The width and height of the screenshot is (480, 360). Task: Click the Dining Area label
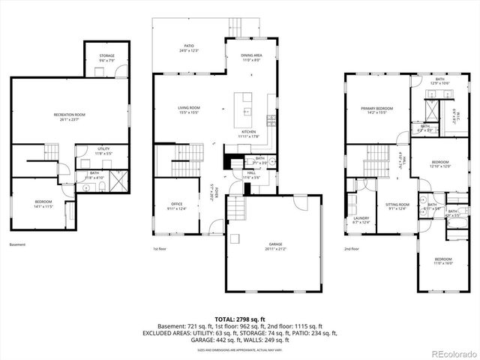coord(251,56)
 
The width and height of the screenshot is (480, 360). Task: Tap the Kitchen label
coord(248,132)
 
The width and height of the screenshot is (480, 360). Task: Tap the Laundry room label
coord(361,220)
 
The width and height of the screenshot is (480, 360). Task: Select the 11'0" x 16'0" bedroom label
coord(443,261)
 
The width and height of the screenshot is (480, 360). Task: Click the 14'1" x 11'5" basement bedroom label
coord(43,203)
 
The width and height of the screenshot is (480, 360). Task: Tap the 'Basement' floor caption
coord(16,244)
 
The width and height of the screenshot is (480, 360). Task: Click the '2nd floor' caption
coord(352,248)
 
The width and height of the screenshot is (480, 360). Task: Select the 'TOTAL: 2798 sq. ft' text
coord(239,319)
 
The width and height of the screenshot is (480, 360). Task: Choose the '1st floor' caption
coord(160,248)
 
